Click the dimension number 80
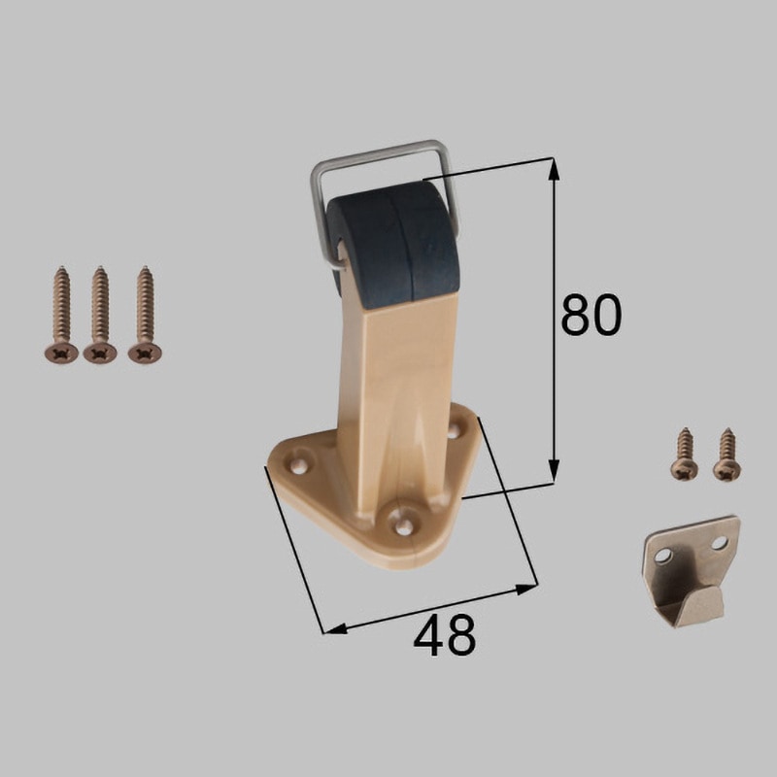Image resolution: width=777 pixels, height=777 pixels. point(591,315)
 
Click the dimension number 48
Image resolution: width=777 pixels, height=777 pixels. point(445,635)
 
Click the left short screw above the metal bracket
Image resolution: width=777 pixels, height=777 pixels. point(686,454)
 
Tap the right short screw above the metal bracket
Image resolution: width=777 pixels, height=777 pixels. point(727,455)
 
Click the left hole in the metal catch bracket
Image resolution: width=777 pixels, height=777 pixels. point(661,557)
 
